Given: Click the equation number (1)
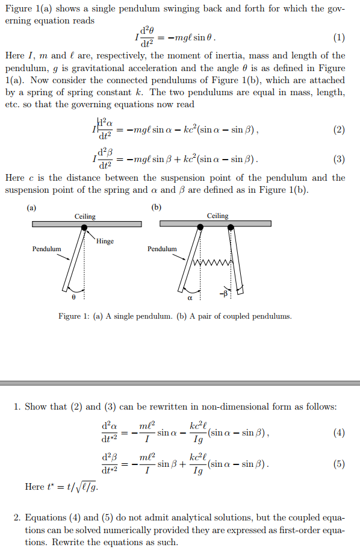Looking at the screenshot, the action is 340,39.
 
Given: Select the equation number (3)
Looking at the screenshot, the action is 340,160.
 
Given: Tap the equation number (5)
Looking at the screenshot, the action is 340,464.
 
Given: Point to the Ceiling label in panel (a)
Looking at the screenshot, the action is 85,216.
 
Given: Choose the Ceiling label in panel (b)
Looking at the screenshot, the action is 217,216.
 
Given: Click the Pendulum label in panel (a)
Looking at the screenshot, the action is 46,249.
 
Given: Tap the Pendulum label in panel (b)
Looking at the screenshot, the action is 162,249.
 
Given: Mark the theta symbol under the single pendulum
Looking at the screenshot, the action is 74,296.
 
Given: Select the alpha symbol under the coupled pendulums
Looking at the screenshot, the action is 190,297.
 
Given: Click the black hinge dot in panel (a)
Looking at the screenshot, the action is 84,227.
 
